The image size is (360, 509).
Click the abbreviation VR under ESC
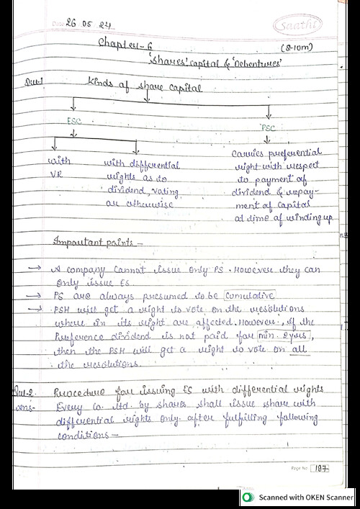point(54,174)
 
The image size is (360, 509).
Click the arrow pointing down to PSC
point(269,114)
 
